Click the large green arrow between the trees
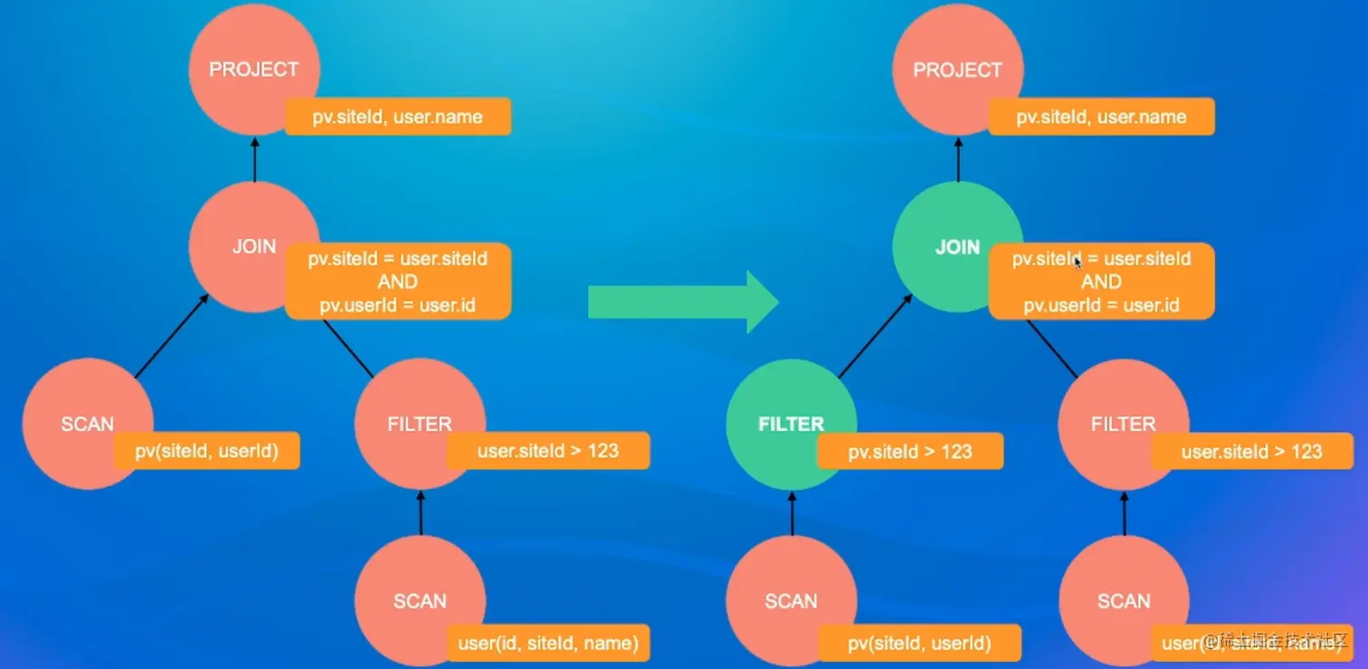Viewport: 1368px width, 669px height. click(x=683, y=301)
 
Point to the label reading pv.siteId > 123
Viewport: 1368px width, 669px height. click(x=909, y=452)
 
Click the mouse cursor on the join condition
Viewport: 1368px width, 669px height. click(x=1077, y=263)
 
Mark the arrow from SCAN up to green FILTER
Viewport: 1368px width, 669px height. click(x=792, y=512)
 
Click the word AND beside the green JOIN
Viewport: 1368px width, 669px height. click(x=1101, y=282)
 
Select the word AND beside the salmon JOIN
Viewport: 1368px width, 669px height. click(x=397, y=282)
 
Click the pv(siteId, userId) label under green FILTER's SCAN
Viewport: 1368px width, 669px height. click(x=919, y=644)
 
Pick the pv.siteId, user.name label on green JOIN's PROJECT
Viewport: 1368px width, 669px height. click(x=1101, y=117)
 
